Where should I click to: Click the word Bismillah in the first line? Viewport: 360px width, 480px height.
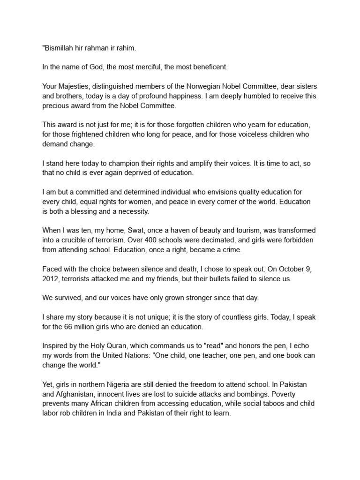60,47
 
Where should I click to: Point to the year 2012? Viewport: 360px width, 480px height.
51,279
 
